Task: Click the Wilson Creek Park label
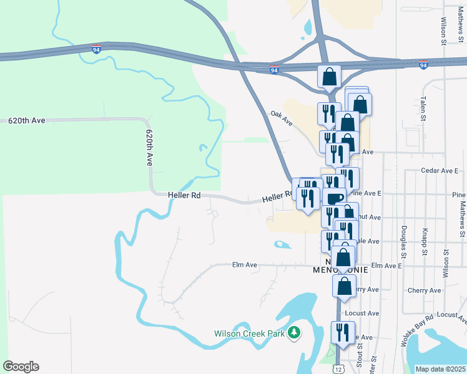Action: (x=249, y=333)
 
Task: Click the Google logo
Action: (x=21, y=367)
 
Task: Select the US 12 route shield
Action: (x=338, y=369)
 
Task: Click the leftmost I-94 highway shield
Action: (x=97, y=49)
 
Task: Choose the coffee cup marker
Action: (x=335, y=198)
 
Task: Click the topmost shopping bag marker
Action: (x=329, y=77)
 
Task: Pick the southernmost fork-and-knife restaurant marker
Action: (x=343, y=332)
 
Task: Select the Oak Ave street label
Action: (x=282, y=118)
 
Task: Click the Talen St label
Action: (x=423, y=108)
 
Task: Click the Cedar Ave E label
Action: (x=440, y=170)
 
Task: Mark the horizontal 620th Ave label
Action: (x=27, y=121)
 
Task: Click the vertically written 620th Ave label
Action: (x=149, y=148)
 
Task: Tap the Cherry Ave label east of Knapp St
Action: (x=424, y=290)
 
